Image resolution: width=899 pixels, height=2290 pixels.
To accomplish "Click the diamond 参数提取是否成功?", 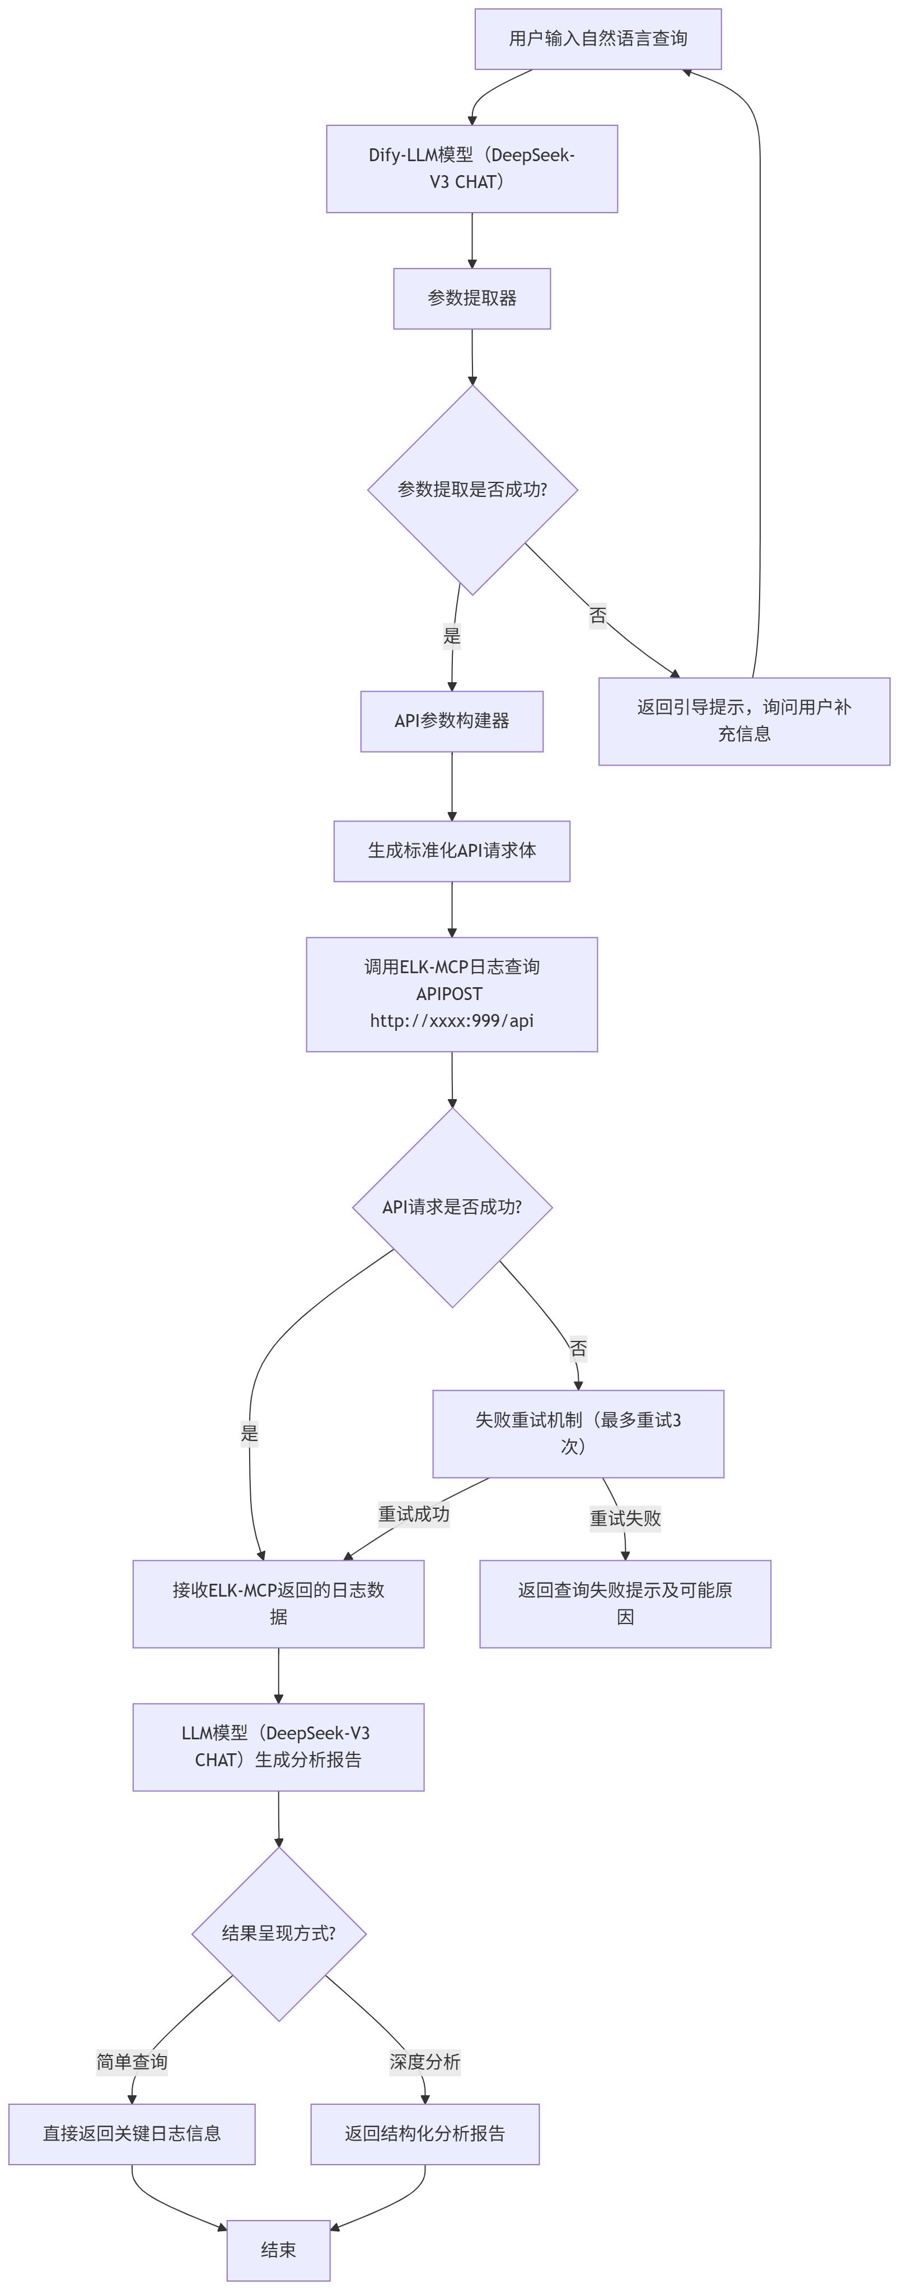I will coord(472,490).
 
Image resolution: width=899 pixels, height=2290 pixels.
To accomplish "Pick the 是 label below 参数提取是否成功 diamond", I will coord(452,636).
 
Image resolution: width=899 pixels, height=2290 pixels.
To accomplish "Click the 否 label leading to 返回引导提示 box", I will coord(597,615).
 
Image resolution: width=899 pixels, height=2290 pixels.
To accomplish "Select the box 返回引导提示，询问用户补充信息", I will coord(743,721).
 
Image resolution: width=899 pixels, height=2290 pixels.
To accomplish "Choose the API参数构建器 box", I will coord(452,721).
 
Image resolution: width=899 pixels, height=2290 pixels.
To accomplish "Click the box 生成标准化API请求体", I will coord(452,851).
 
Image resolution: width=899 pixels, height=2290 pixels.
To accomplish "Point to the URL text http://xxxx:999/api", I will coord(452,1021).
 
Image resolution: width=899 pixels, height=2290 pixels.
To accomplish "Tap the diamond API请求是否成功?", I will coord(452,1207).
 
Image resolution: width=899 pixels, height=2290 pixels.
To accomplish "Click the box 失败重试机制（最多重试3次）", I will coord(578,1433).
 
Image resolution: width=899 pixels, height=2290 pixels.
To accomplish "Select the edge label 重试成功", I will coord(414,1514).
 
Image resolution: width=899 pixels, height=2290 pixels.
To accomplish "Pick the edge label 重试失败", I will coord(625,1518).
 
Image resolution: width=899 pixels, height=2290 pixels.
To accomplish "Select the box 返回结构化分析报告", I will coord(424,2133).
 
